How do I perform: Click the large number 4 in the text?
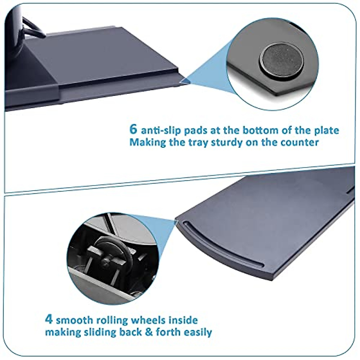coord(49,319)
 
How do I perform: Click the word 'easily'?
coord(196,332)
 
